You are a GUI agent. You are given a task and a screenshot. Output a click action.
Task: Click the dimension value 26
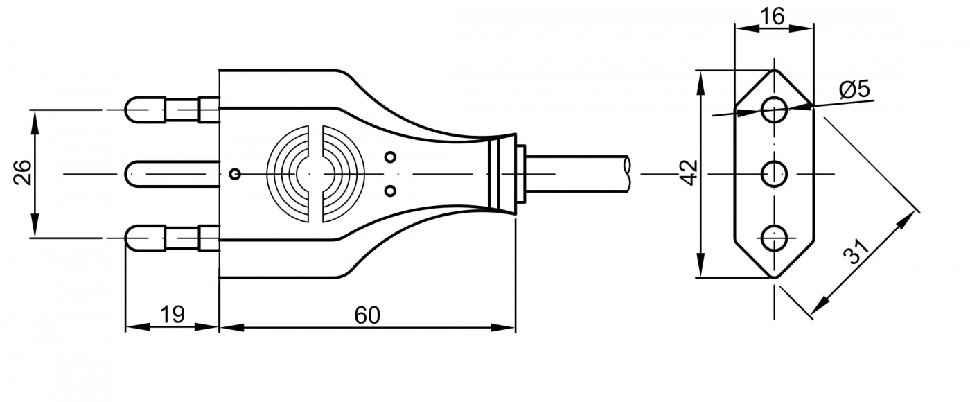tap(22, 173)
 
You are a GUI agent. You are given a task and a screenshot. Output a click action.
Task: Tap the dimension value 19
tap(173, 315)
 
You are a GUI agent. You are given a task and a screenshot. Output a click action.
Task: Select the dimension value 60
tap(367, 315)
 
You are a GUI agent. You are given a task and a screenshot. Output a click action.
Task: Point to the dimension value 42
tap(689, 173)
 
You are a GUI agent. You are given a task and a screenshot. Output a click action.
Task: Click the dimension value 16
tap(772, 17)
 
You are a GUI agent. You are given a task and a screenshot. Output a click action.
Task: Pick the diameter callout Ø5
tap(854, 89)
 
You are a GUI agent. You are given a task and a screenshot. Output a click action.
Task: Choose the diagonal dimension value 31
tap(856, 252)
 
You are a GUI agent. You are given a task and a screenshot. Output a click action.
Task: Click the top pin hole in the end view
tap(775, 110)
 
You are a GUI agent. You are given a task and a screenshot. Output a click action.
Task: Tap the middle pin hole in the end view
tap(775, 174)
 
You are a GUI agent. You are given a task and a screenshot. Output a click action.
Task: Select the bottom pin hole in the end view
tap(775, 238)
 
